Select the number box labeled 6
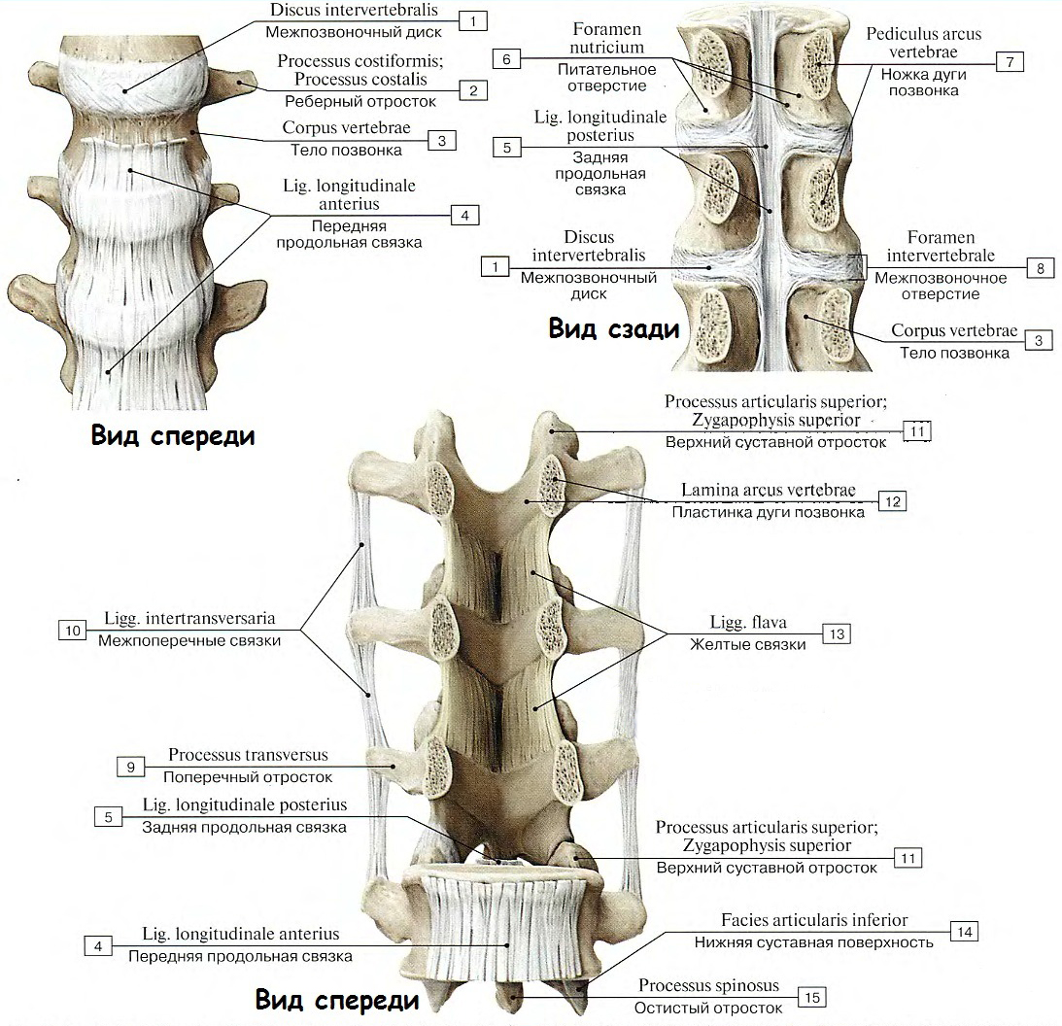coord(506,59)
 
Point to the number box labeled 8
coord(1040,268)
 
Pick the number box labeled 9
coord(130,767)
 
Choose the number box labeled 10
coord(72,631)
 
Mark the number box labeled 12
coord(892,501)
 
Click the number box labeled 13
coord(836,633)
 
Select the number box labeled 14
coord(964,932)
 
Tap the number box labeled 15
coord(812,997)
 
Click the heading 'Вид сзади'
coord(613,328)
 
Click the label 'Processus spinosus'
coord(708,986)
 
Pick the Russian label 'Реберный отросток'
coord(360,101)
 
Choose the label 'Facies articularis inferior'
coord(814,920)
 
